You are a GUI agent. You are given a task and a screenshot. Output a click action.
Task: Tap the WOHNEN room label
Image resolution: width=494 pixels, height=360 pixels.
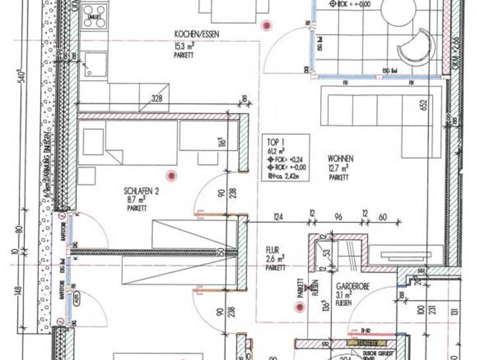tap(340, 157)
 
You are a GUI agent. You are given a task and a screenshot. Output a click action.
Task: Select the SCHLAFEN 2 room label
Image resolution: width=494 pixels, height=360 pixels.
tap(141, 190)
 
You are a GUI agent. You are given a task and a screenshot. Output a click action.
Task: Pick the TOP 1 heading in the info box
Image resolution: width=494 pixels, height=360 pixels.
tap(275, 143)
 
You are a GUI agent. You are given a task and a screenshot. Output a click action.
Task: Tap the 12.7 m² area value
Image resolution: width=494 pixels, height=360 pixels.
tap(338, 168)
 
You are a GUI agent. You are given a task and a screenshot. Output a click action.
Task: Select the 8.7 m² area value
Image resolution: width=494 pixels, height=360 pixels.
tap(136, 200)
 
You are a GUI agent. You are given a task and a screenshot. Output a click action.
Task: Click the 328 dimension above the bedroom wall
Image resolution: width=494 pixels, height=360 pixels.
tap(157, 98)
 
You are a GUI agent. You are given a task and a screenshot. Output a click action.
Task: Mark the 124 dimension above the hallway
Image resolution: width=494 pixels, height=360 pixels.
tap(279, 218)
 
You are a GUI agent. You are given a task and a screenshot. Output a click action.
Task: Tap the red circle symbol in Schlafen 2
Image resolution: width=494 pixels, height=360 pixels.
tap(170, 175)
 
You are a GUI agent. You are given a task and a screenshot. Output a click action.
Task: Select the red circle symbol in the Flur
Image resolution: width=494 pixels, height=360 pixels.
tap(298, 307)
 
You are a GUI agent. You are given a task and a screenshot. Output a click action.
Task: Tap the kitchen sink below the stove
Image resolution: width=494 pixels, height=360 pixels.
tap(95, 64)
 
